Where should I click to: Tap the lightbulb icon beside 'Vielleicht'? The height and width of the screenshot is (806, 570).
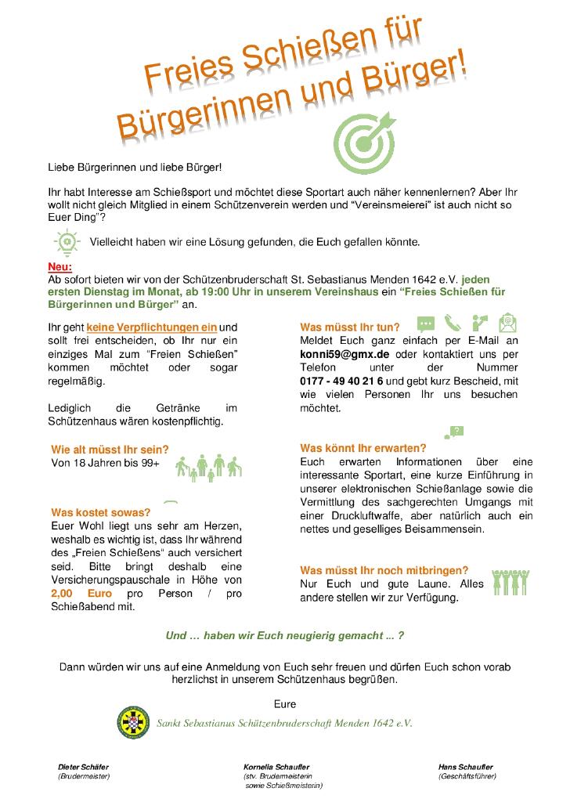coord(68,241)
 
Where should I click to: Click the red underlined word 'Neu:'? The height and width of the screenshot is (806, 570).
coord(60,266)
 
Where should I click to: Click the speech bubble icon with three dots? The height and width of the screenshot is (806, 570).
coord(426,324)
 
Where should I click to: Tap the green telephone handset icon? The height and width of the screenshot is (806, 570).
coord(453,323)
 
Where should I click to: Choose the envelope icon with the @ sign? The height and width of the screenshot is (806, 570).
coord(508,323)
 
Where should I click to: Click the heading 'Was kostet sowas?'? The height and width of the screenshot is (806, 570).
coord(100,512)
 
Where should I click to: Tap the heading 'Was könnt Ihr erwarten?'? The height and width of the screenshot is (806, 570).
coord(363,448)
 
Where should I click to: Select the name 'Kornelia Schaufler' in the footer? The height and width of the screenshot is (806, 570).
coord(276,767)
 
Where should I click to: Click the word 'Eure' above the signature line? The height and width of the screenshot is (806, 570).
coord(285,703)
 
